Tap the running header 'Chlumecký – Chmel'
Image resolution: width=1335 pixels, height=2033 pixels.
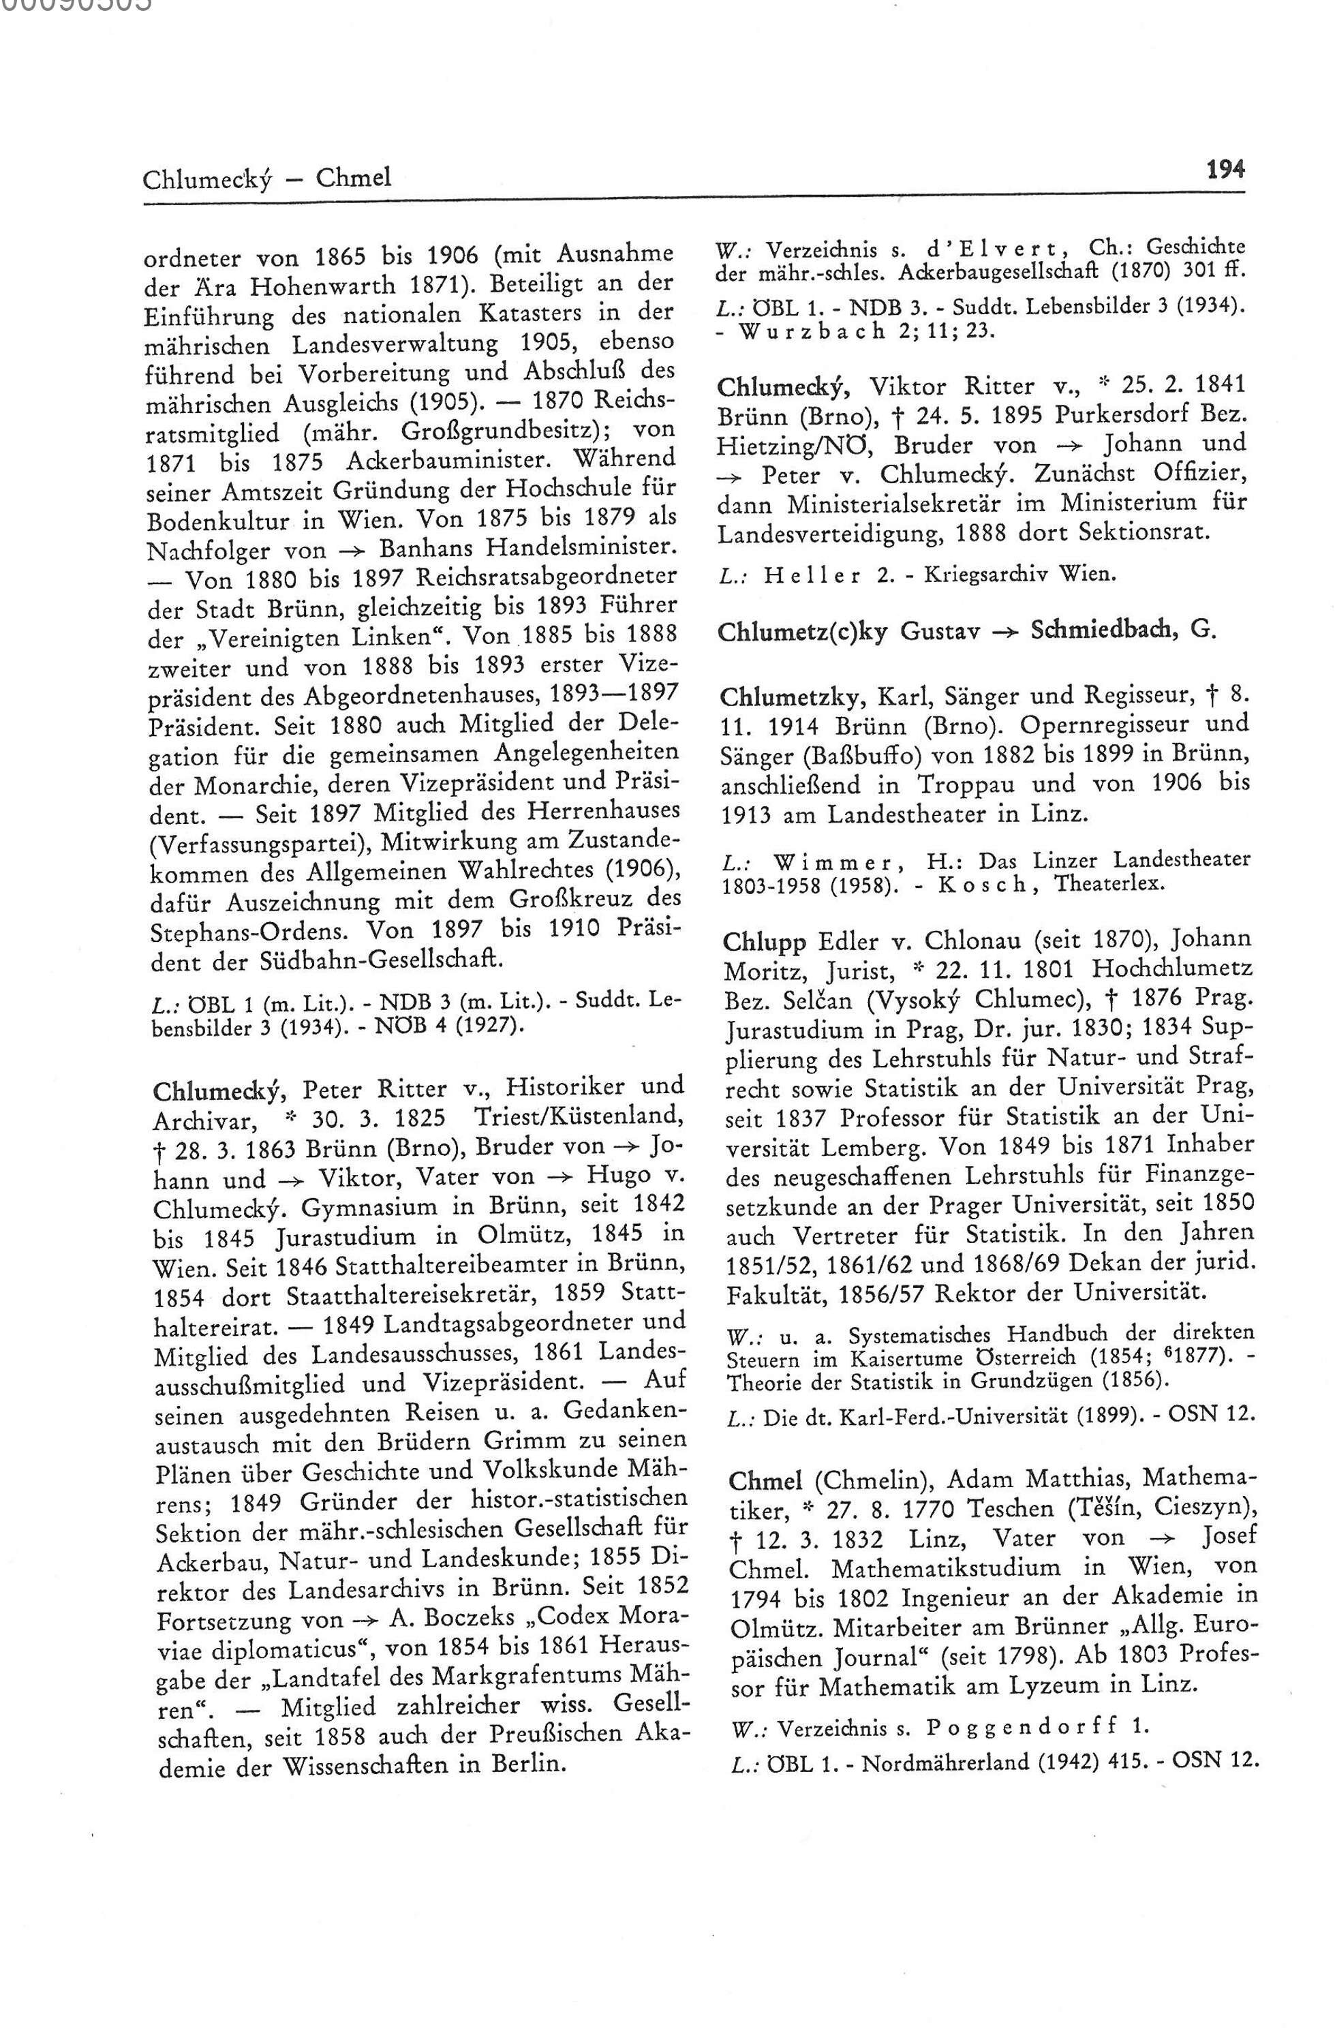[266, 179]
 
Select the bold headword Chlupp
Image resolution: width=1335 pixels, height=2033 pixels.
[765, 941]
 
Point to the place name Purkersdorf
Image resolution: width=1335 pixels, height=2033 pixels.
[1126, 415]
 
